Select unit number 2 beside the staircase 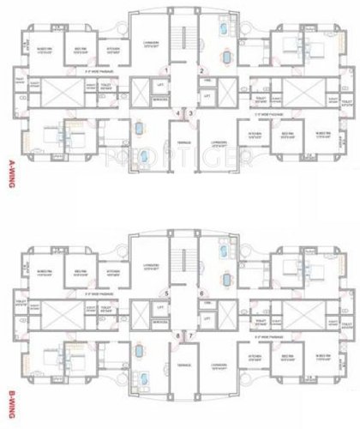tap(201, 70)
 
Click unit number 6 tap(201, 294)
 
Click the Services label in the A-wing tap(159, 98)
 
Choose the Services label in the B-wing tap(159, 322)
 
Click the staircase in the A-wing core tap(180, 39)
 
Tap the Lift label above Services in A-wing tap(160, 85)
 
